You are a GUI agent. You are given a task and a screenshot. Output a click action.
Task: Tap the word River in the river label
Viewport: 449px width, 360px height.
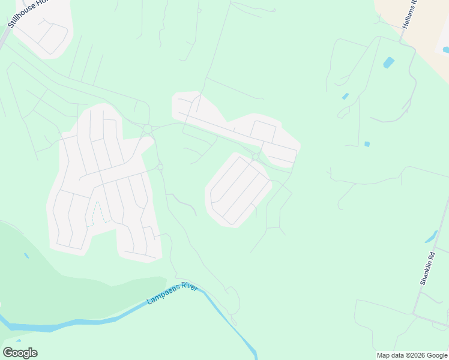[x=189, y=287]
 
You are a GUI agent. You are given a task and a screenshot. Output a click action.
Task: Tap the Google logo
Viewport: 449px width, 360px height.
[x=20, y=352]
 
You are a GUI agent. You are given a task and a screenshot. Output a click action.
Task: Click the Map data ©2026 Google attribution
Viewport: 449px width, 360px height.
[x=412, y=355]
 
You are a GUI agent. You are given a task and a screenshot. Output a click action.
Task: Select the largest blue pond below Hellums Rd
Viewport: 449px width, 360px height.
[x=389, y=62]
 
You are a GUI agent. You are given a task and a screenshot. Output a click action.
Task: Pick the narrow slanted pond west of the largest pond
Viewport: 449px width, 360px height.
[x=345, y=96]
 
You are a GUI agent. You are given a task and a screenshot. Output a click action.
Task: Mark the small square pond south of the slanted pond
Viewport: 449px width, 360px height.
[x=367, y=144]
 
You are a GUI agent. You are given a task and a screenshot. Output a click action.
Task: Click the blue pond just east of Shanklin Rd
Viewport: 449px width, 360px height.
[x=431, y=237]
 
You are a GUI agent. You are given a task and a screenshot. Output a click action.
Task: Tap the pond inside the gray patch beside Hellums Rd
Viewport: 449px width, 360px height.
[x=445, y=50]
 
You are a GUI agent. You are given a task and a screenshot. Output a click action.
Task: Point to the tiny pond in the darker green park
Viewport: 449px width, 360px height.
[x=26, y=256]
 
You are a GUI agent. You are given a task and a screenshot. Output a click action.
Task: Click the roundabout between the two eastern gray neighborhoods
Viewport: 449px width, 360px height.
[x=256, y=157]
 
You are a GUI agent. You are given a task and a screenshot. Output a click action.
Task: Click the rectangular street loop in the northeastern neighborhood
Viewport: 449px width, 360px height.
[x=262, y=131]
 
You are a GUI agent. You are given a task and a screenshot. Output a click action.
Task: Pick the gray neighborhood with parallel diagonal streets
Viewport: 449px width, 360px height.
[x=238, y=190]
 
